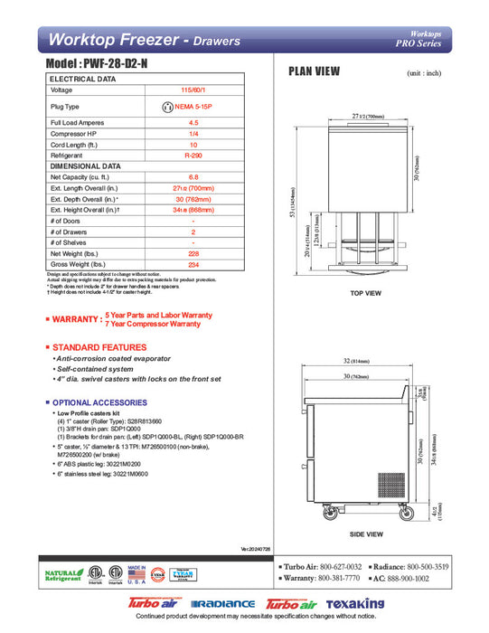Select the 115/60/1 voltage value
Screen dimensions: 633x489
point(193,90)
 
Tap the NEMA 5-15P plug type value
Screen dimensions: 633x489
point(199,107)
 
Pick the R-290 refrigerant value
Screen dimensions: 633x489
point(193,156)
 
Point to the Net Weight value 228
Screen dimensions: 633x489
point(193,254)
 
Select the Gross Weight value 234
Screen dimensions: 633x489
point(193,265)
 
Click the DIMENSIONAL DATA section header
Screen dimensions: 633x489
point(86,166)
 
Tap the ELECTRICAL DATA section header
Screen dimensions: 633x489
point(82,80)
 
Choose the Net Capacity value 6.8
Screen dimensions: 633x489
point(193,178)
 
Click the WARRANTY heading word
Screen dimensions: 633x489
point(76,319)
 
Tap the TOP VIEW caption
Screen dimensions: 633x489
point(366,294)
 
